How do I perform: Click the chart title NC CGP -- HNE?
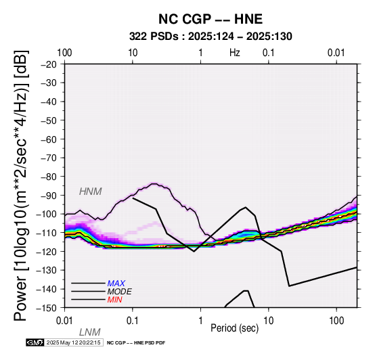(x=211, y=19)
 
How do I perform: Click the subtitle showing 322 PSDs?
(x=211, y=37)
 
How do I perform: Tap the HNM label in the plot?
(x=91, y=192)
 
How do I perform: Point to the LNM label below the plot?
(x=89, y=332)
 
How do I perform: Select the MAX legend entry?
(x=116, y=284)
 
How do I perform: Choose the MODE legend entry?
(x=119, y=292)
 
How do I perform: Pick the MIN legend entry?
(x=114, y=300)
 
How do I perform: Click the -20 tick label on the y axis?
(x=49, y=64)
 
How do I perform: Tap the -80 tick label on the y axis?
(x=49, y=177)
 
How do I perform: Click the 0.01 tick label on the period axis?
(x=64, y=321)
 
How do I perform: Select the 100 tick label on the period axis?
(x=336, y=321)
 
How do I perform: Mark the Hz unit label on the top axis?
(x=235, y=53)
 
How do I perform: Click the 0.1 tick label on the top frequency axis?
(x=269, y=53)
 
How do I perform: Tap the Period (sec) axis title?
(x=235, y=328)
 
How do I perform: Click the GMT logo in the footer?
(x=35, y=342)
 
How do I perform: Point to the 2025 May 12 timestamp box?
(x=74, y=342)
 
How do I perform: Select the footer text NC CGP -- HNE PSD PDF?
(x=136, y=343)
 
